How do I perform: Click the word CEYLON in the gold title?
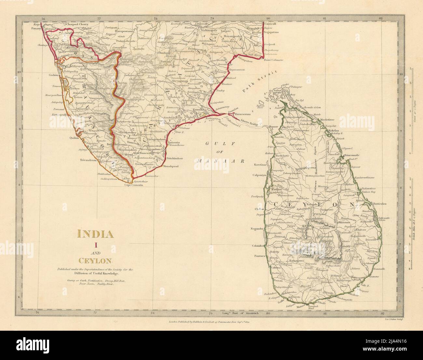(x=95, y=261)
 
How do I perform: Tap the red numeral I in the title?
(x=95, y=244)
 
